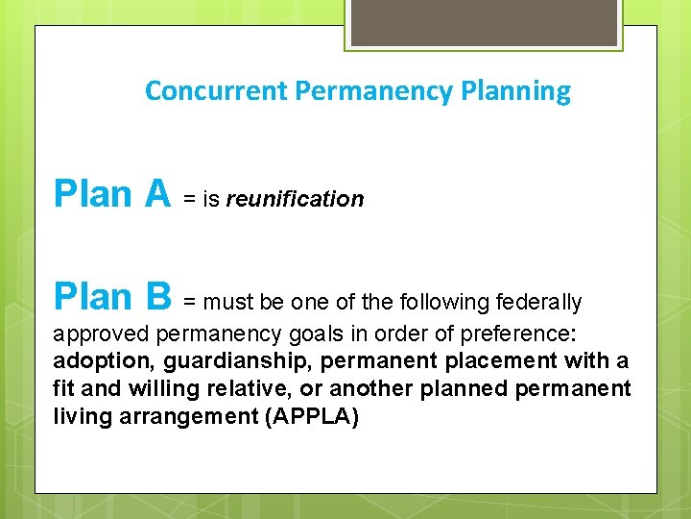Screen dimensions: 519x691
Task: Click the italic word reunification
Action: pos(295,199)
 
